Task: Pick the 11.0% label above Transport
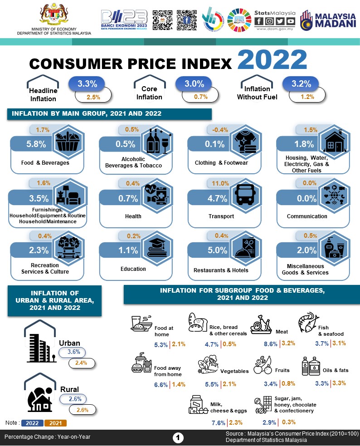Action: point(220,183)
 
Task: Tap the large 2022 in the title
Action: point(271,59)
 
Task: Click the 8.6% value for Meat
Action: point(271,344)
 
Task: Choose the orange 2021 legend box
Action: point(55,423)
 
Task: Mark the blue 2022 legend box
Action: point(32,423)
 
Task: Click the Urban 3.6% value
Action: point(73,352)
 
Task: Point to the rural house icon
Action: point(41,399)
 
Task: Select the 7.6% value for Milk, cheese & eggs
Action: point(219,423)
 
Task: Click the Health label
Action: point(133,216)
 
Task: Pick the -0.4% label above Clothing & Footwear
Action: point(220,130)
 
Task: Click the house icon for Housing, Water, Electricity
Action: point(334,142)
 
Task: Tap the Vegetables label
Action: point(234,371)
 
